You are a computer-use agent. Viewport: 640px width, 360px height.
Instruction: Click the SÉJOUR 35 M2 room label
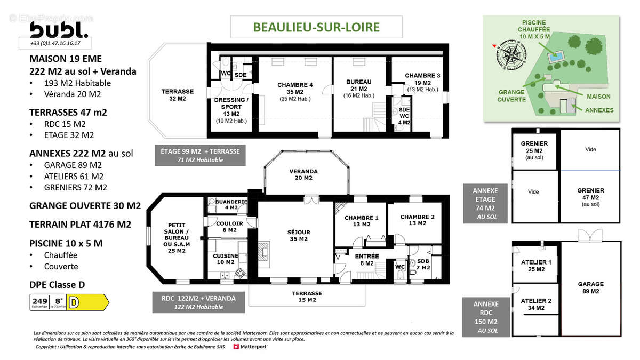click(298, 236)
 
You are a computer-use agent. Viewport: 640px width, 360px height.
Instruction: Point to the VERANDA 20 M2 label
click(303, 175)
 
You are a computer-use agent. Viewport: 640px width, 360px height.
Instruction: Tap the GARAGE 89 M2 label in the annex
click(590, 287)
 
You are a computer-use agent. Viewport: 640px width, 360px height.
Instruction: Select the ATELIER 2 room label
click(535, 304)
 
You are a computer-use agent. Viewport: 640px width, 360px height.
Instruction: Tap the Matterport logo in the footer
click(250, 347)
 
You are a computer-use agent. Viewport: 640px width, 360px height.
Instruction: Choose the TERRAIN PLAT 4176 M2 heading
click(80, 225)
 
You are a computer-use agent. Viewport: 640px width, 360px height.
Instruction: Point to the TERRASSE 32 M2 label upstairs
click(177, 95)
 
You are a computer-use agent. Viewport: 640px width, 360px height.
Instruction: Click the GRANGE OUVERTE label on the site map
click(511, 95)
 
